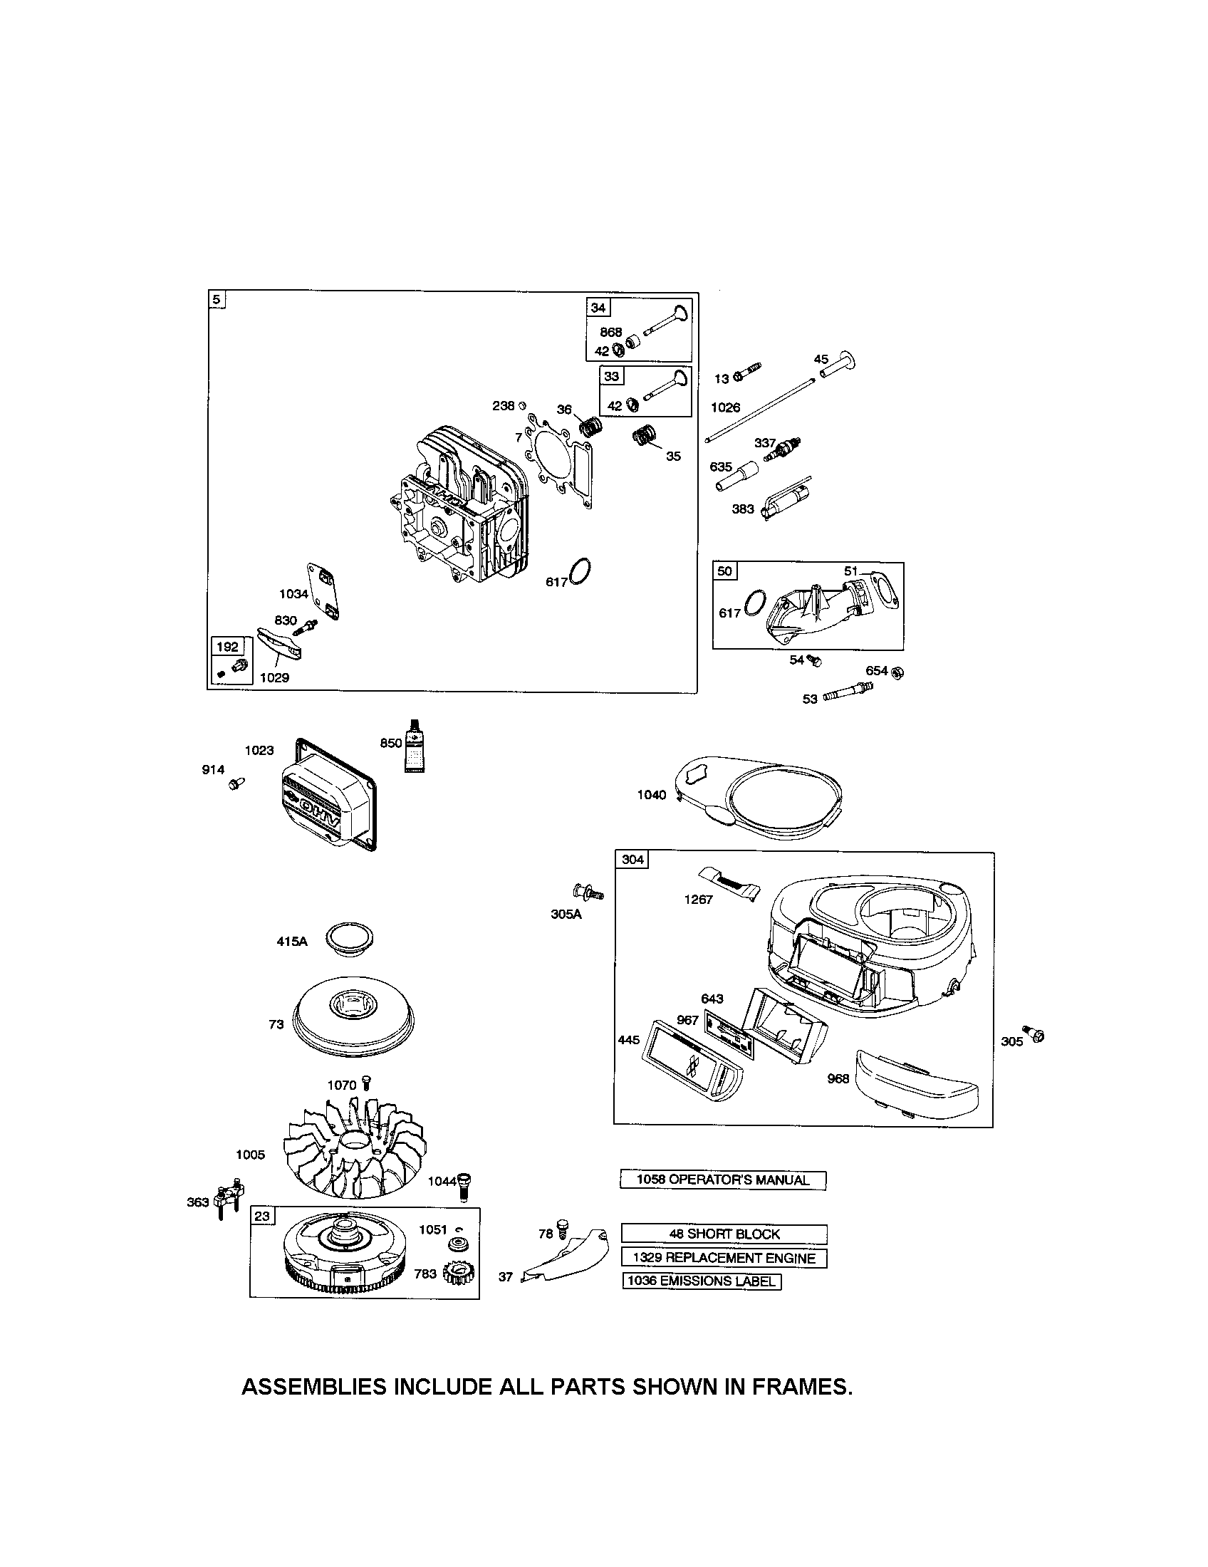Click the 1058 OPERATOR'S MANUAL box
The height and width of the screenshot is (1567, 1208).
point(723,1180)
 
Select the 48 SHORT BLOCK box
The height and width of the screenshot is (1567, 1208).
point(723,1234)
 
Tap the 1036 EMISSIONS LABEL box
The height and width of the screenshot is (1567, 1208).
point(702,1281)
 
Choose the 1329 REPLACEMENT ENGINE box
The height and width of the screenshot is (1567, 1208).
point(723,1258)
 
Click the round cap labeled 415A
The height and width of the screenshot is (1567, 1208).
point(350,939)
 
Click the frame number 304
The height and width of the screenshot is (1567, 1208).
point(632,860)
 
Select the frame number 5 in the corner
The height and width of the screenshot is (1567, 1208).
point(216,300)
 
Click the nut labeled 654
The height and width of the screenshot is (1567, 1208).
point(897,672)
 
